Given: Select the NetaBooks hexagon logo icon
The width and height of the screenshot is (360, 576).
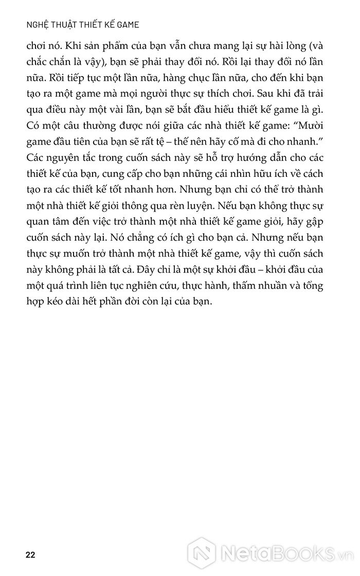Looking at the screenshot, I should [x=205, y=554].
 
